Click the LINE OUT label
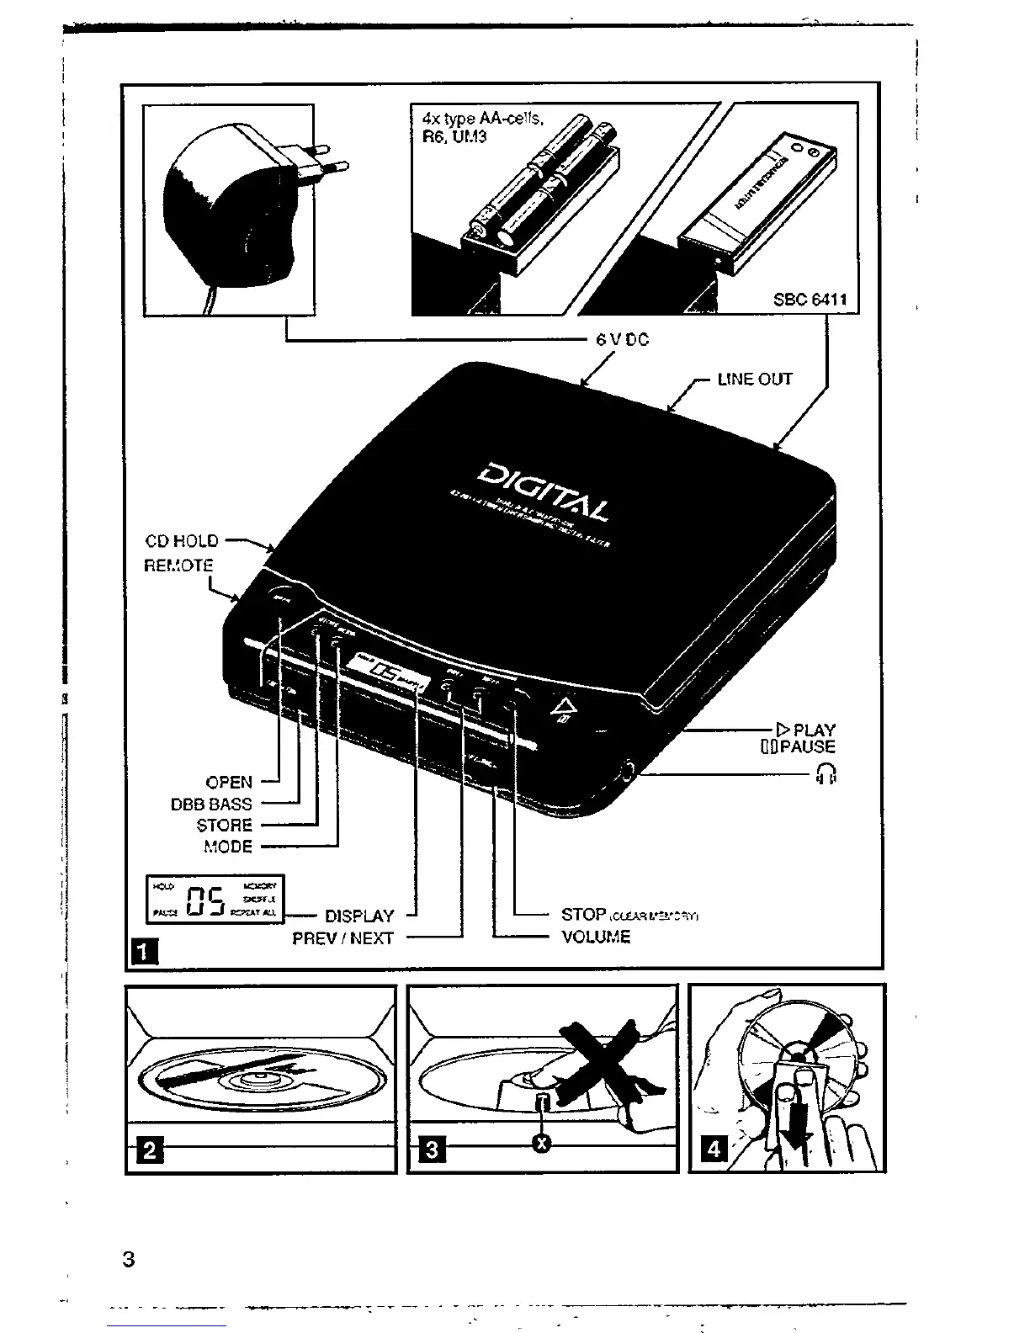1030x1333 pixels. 754,380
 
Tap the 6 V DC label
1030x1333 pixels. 623,340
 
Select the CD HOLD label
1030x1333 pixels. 182,541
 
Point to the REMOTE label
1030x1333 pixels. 178,566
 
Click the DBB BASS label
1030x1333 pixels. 211,805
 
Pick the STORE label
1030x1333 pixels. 224,826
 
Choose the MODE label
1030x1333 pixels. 227,847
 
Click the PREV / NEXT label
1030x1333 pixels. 342,937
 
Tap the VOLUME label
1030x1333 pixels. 596,937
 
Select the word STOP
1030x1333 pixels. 584,914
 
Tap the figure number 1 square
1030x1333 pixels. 144,952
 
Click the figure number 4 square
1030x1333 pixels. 713,1149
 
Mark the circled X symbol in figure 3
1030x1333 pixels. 543,1142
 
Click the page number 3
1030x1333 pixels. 128,1260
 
